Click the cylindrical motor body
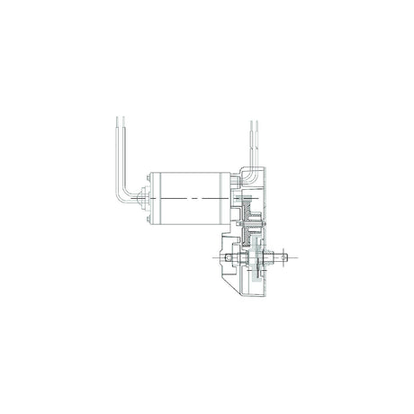(189, 198)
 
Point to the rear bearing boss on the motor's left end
(146, 198)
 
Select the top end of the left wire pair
(118, 119)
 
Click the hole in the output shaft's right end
(287, 258)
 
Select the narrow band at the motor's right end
(227, 198)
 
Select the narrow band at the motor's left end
(152, 198)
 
